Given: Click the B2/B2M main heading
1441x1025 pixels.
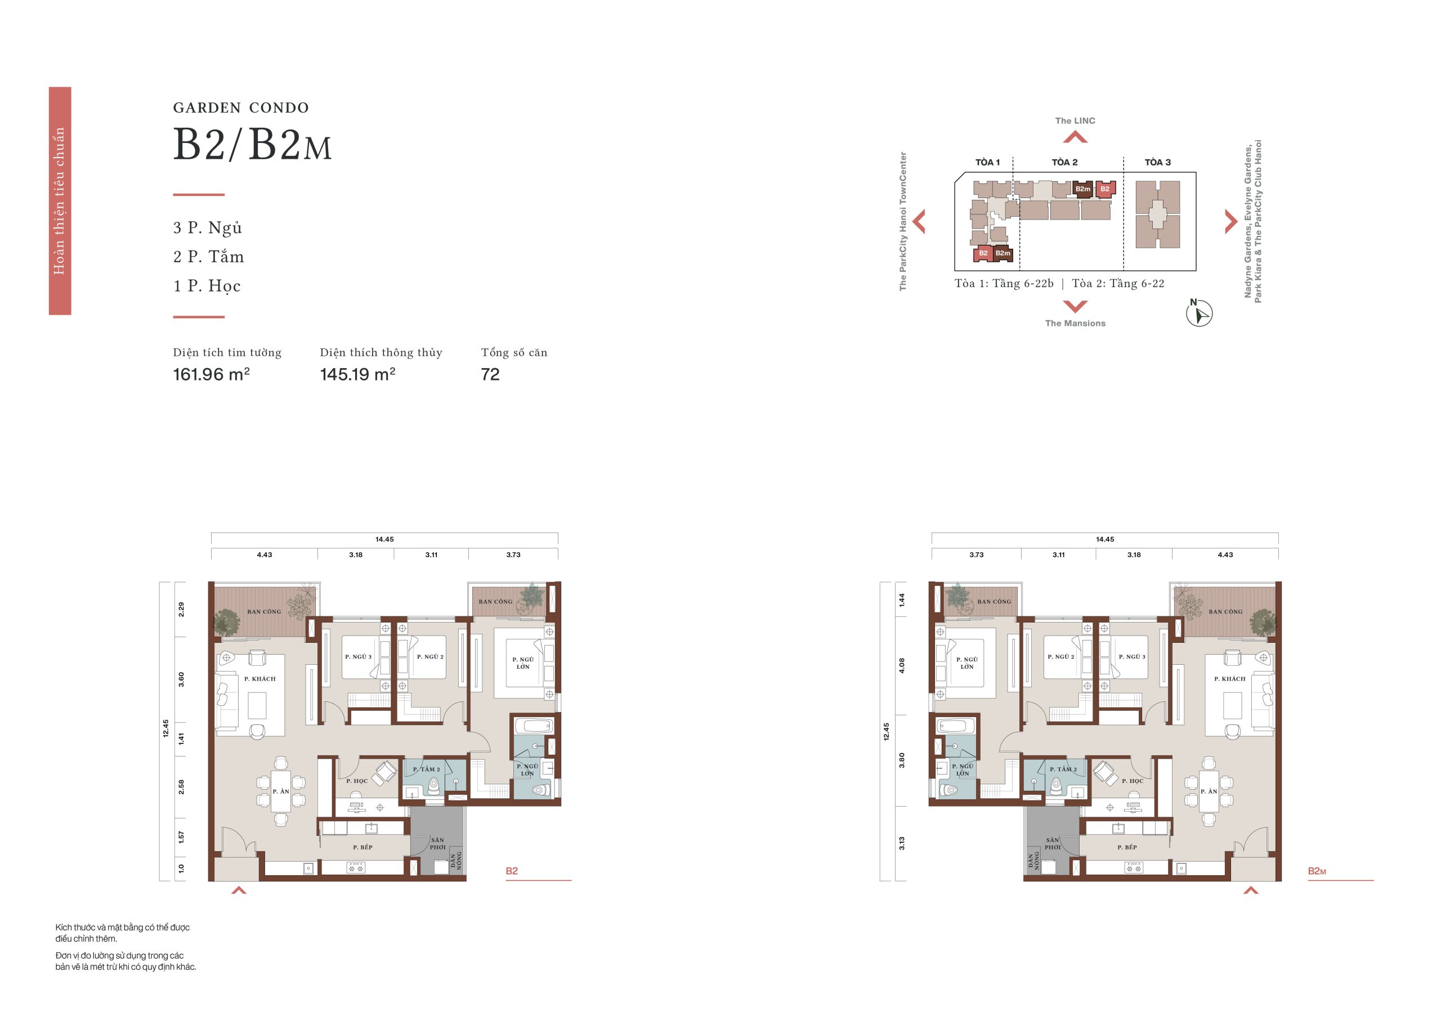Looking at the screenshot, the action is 253,146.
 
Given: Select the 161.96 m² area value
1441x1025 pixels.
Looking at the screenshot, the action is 212,374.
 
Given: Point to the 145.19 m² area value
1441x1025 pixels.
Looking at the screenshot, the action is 358,374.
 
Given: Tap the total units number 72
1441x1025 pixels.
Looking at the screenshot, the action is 490,374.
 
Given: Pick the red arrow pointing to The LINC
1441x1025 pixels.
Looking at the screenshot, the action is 1075,136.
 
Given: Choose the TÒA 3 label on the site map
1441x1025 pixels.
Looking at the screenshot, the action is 1158,162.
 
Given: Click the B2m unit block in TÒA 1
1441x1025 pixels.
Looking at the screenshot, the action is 1003,254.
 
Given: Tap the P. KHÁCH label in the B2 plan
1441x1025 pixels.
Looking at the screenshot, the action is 260,679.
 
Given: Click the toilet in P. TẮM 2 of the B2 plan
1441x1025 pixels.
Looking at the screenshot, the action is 434,786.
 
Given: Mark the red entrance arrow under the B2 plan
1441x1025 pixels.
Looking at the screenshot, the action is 239,890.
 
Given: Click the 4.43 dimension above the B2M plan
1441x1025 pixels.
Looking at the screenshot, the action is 1225,555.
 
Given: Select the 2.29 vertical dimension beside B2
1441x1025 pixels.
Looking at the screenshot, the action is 181,609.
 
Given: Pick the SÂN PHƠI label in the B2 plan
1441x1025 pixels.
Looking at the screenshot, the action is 437,844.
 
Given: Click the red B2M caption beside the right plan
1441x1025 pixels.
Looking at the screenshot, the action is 1317,871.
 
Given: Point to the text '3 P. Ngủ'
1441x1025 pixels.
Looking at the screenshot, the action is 208,228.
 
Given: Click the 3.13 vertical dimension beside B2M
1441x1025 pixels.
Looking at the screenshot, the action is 901,843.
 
